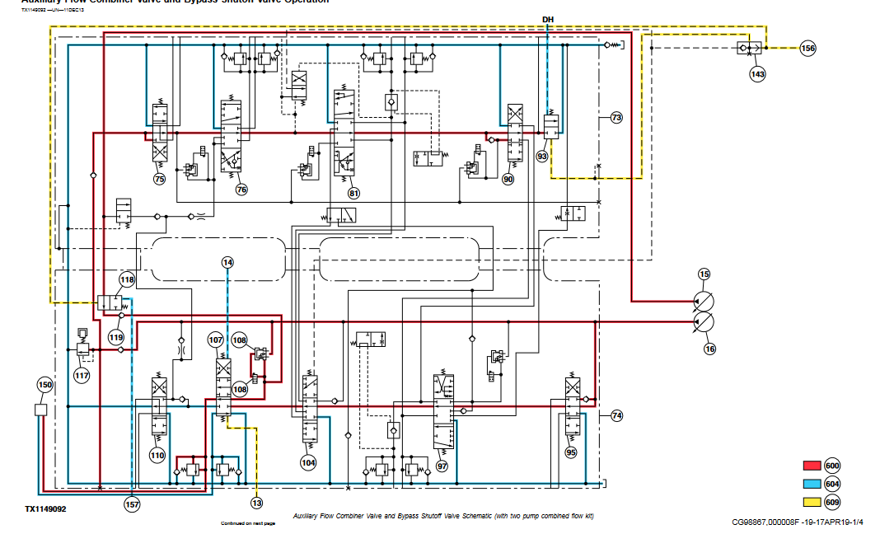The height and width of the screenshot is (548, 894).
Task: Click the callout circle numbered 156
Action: tap(808, 49)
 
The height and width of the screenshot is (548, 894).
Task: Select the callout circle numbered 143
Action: tap(757, 74)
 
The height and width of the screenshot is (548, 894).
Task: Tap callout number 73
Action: tap(616, 119)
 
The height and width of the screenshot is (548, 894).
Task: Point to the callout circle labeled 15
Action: tap(704, 274)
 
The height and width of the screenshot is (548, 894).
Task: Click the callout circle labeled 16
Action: tap(709, 349)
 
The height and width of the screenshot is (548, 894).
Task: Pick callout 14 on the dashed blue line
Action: tap(227, 262)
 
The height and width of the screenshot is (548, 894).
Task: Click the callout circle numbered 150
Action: tap(44, 384)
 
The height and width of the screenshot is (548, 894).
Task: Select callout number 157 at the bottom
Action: tap(132, 504)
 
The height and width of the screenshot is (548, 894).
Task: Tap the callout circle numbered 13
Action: tap(257, 503)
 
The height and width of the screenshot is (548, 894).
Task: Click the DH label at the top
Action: tap(549, 18)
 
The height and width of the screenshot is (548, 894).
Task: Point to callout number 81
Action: tap(353, 194)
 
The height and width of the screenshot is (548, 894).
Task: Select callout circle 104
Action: tap(308, 463)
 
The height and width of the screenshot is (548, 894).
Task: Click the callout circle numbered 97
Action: tap(442, 466)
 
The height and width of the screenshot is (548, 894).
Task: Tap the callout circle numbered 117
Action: tap(82, 377)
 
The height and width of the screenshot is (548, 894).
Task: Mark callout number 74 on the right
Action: tap(616, 416)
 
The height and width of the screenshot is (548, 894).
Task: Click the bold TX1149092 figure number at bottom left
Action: tap(45, 509)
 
